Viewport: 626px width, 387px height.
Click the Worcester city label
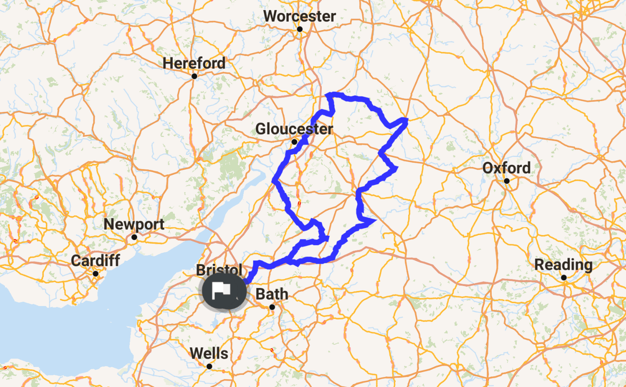[x=299, y=16]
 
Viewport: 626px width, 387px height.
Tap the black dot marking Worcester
[x=300, y=29]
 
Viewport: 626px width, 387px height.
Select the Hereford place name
[x=194, y=63]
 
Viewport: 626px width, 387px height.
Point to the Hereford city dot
[x=194, y=76]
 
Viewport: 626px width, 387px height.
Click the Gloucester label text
[x=294, y=129]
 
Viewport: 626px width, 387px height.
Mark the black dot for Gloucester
[x=294, y=142]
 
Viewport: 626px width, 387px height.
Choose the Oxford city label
[x=506, y=168]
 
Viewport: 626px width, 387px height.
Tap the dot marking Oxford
[x=507, y=181]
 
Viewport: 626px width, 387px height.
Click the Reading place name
[x=563, y=265]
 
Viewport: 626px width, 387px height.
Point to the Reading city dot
[x=564, y=278]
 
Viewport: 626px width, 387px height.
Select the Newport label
[x=134, y=224]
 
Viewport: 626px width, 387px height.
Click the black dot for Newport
[x=134, y=237]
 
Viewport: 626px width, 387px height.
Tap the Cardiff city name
[x=95, y=261]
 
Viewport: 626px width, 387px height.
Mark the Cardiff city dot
[x=96, y=273]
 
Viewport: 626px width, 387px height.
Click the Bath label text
[x=272, y=294]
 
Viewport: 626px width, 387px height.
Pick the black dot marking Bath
[x=272, y=307]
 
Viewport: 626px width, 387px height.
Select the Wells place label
[x=209, y=353]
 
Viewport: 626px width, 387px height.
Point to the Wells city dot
[x=209, y=367]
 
